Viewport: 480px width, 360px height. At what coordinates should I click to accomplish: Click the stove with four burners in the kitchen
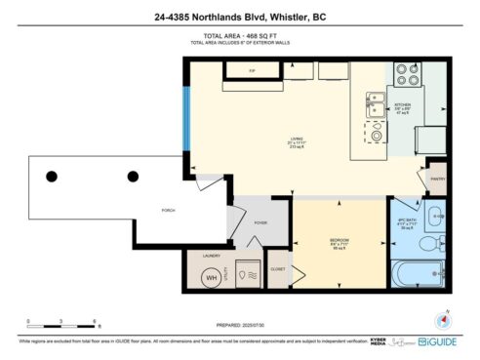click(407, 73)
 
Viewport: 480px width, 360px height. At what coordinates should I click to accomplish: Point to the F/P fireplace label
click(252, 71)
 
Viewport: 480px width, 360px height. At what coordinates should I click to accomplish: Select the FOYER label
click(261, 222)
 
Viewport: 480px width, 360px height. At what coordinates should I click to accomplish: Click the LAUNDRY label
click(210, 256)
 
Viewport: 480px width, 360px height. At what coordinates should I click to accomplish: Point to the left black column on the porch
click(52, 177)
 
